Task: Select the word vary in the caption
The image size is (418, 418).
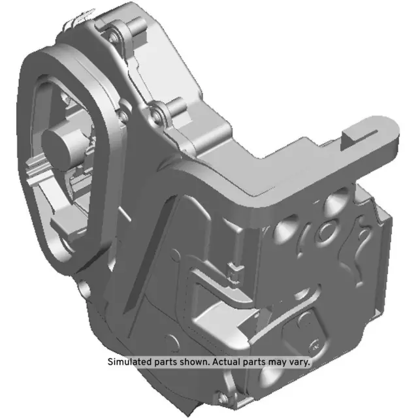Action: point(298,361)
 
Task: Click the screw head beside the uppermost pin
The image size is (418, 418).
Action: point(116,32)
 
